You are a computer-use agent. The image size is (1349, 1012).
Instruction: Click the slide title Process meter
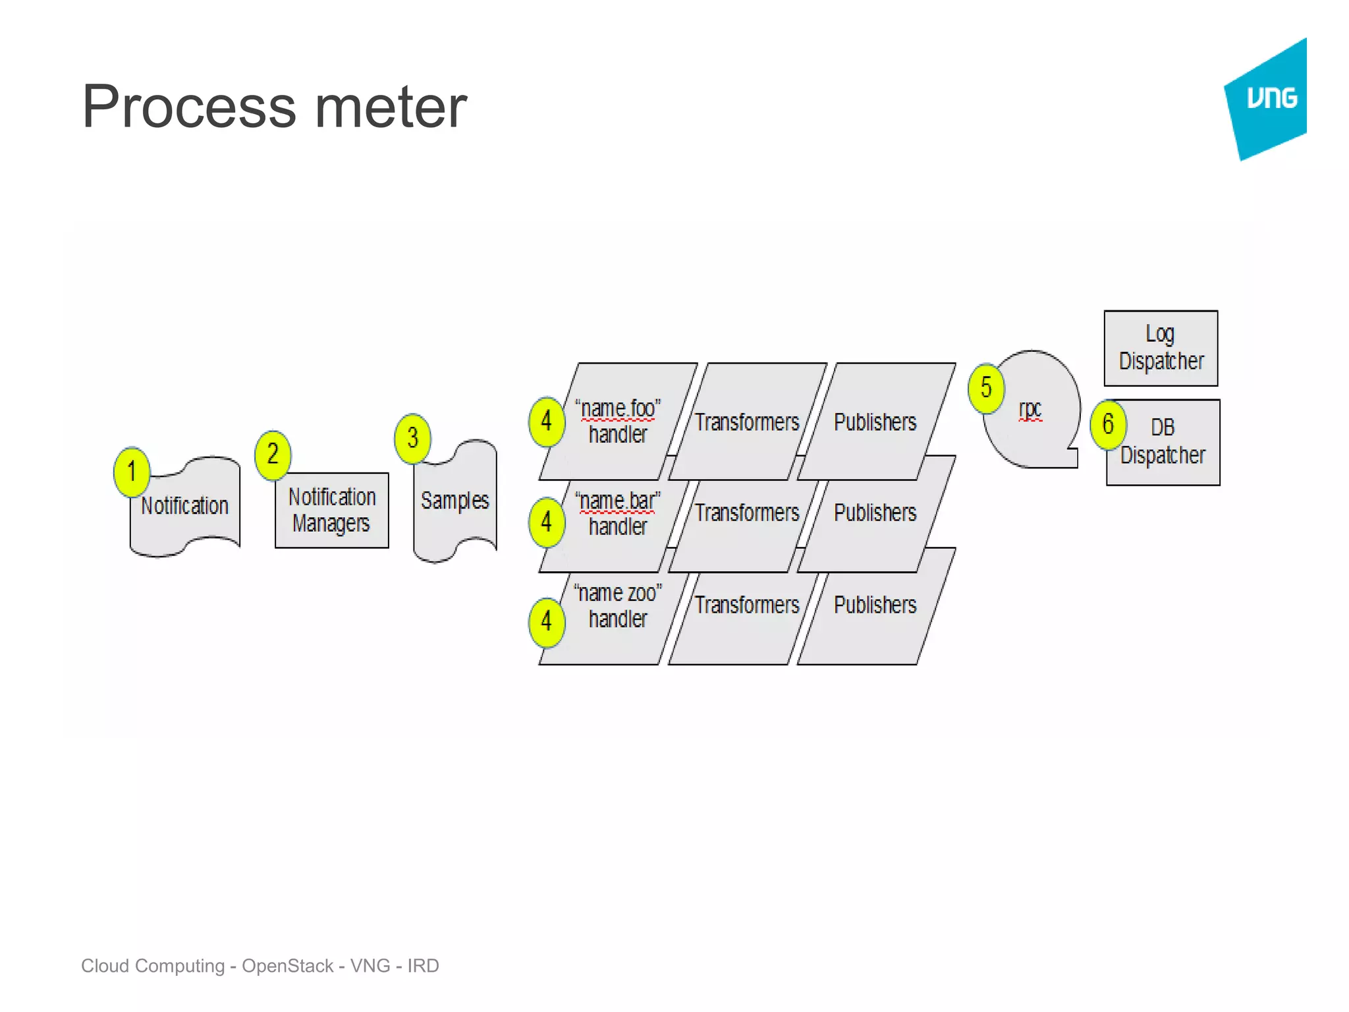point(274,107)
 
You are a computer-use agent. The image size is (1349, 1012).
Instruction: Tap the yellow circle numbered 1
point(132,472)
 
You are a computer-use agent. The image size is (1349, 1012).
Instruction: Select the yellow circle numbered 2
point(273,455)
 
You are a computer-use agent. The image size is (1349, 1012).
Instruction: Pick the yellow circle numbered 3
point(412,438)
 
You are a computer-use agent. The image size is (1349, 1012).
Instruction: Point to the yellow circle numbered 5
point(986,388)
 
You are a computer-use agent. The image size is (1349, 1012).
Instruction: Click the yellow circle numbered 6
point(1108,424)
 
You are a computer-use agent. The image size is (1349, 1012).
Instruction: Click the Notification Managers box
point(332,510)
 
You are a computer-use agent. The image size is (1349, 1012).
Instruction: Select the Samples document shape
point(455,501)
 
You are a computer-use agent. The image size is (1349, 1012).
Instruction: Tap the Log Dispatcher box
point(1161,348)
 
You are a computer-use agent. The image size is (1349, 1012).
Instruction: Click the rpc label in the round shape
point(1030,409)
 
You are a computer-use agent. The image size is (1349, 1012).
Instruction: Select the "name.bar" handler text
point(618,514)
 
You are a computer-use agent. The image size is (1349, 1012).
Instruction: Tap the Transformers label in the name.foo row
point(747,422)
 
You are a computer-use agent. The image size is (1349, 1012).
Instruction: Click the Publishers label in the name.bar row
point(875,513)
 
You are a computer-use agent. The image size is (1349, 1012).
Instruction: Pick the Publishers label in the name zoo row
point(875,605)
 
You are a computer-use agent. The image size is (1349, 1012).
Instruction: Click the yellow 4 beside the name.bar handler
point(547,522)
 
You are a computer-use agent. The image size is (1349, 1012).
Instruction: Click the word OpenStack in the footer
point(287,966)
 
